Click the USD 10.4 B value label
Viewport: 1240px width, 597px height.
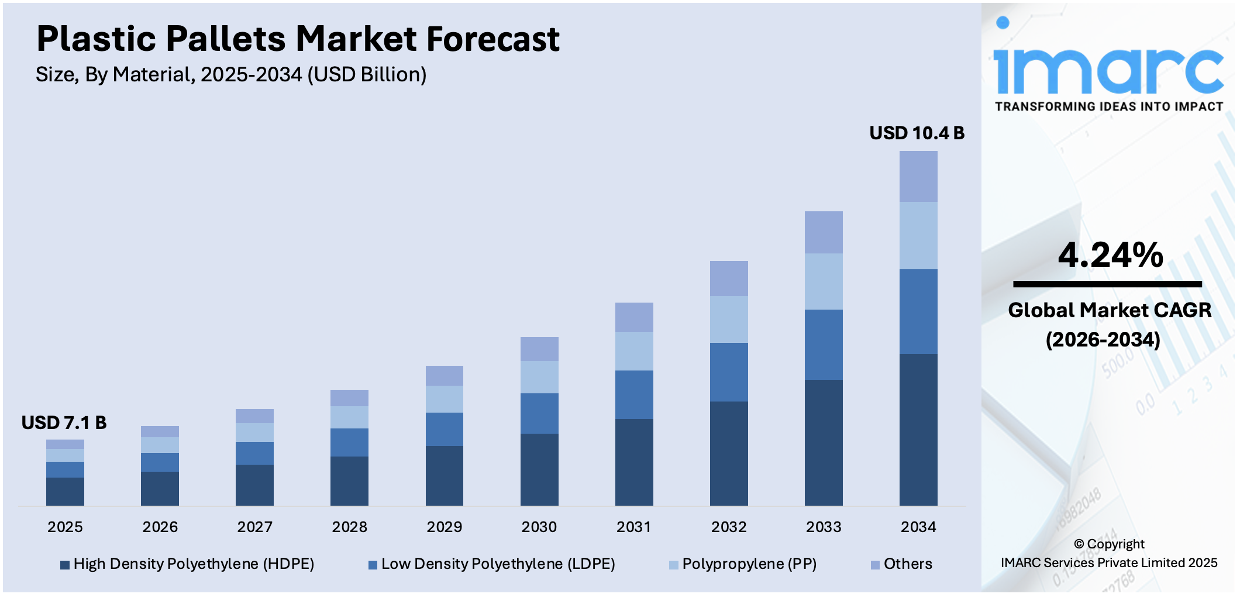tap(917, 133)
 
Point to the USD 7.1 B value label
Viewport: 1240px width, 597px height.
tap(64, 423)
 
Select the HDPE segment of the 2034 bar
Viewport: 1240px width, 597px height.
tap(918, 430)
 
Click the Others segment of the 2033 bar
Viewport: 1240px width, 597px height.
tap(824, 232)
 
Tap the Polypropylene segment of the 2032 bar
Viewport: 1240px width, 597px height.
tap(729, 320)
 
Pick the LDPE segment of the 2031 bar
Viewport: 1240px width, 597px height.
tap(634, 394)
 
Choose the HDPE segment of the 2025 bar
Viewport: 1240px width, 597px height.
tap(65, 492)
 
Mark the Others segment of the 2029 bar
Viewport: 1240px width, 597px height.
tap(445, 376)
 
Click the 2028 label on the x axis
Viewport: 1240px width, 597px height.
tap(349, 527)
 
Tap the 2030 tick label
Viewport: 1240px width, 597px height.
tap(539, 527)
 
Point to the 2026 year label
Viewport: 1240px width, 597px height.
tap(160, 527)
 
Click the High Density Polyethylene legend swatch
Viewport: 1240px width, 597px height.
tap(65, 565)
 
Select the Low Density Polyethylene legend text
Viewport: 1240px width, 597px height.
tap(498, 564)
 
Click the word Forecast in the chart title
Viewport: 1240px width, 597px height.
tap(493, 39)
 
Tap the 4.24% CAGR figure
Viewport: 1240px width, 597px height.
tap(1110, 255)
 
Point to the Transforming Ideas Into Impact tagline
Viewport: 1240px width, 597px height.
tap(1109, 107)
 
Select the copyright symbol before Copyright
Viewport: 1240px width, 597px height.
tap(1079, 544)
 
